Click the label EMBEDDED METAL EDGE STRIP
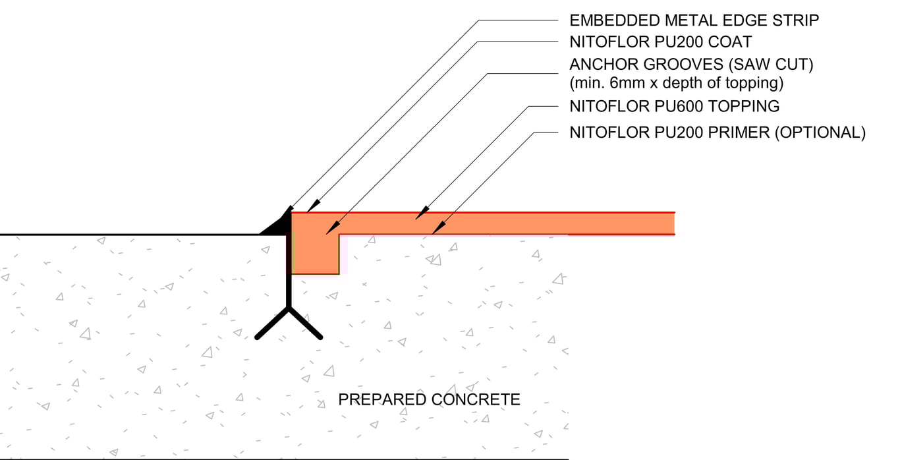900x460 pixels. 694,20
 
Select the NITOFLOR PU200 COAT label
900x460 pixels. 660,42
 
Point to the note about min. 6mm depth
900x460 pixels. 676,84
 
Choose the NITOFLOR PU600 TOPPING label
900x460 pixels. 674,105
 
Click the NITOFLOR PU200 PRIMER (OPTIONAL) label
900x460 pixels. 717,132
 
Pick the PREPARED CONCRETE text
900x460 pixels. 429,399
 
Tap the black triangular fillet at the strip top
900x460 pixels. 277,226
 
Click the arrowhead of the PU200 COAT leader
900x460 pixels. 311,207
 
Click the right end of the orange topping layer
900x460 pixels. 671,223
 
